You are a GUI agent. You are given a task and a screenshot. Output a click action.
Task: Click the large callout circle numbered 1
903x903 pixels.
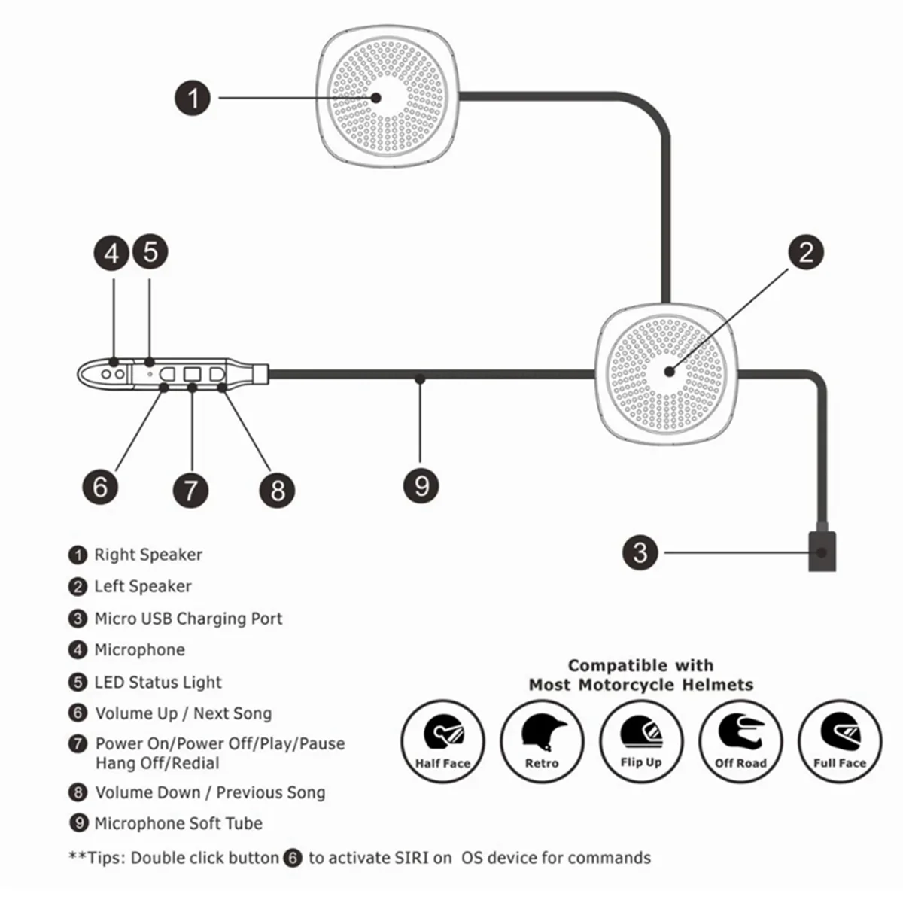click(193, 98)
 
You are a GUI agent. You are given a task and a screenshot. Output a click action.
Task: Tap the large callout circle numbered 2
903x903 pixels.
click(806, 252)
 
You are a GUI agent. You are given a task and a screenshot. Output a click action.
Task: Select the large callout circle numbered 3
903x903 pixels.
click(640, 552)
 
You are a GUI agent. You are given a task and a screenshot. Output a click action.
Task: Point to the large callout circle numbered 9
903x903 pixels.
click(421, 485)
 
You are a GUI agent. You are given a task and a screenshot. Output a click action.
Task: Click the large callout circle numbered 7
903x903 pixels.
click(190, 490)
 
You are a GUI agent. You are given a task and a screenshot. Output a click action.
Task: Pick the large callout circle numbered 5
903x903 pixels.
click(150, 252)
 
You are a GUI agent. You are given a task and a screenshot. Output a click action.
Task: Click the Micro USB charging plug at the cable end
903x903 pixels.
click(821, 552)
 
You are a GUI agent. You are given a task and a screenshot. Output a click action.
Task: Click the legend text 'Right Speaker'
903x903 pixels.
click(147, 555)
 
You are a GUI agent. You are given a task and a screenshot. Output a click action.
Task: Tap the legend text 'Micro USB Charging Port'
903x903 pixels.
click(188, 619)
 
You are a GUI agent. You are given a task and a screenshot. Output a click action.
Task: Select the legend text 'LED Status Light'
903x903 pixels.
click(158, 683)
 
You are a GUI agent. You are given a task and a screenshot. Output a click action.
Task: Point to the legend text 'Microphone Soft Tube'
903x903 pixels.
click(178, 823)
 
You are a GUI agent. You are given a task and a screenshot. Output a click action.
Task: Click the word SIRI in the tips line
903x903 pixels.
click(412, 858)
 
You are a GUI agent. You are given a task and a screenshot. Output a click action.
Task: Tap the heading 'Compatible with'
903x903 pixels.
click(640, 665)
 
